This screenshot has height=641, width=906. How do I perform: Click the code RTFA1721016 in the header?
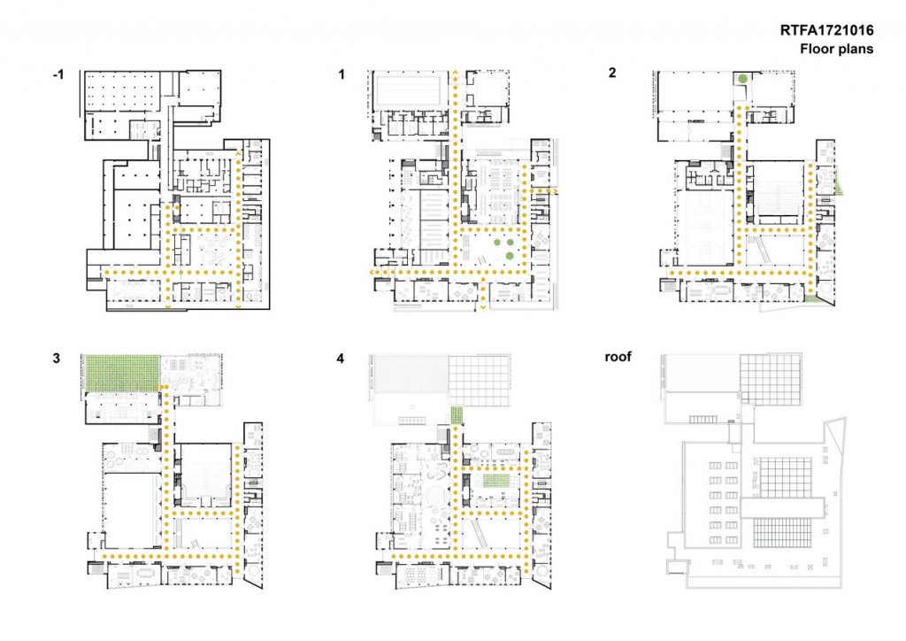coord(826,31)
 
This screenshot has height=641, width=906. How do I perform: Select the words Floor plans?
coord(836,49)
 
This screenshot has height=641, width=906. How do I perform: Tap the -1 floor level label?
coord(58,74)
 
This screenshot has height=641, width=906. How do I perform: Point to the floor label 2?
coord(612,73)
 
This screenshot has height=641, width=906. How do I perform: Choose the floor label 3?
coord(56,359)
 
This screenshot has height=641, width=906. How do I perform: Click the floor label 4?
coord(341,359)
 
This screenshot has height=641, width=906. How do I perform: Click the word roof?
coord(618,357)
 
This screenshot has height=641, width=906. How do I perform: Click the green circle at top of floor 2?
coord(742,79)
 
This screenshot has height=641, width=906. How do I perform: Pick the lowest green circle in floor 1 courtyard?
coord(510,256)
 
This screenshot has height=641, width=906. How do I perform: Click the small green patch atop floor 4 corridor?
coord(457,415)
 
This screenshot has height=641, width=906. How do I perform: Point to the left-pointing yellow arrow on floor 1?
coord(373,273)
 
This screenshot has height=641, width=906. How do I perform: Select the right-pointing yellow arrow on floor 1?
coord(555,190)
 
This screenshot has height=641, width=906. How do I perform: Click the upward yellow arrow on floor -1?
coord(238,154)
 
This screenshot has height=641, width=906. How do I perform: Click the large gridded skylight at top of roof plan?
coord(771,380)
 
